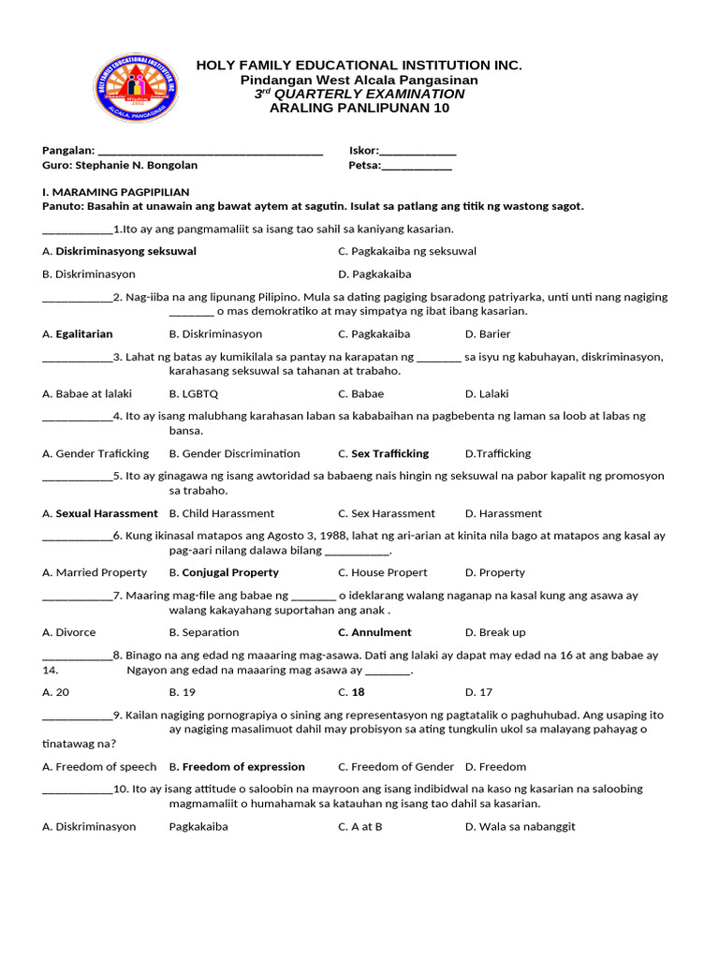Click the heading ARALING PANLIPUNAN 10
tap(359, 108)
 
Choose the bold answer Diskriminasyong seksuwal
tap(125, 251)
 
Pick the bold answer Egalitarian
tap(84, 334)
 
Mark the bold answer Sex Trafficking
tap(389, 454)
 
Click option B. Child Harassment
tap(222, 513)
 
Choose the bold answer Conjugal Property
tap(230, 572)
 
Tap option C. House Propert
tap(383, 572)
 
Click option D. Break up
tap(495, 632)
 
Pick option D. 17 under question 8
tap(478, 692)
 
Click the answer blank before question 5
tap(77, 477)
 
